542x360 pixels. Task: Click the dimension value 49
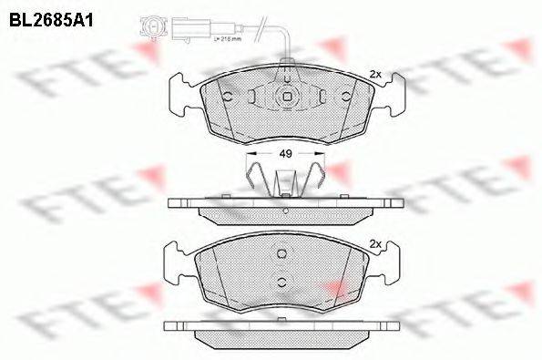285,155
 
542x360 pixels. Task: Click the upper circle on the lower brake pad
282,254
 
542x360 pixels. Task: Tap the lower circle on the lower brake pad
282,280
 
